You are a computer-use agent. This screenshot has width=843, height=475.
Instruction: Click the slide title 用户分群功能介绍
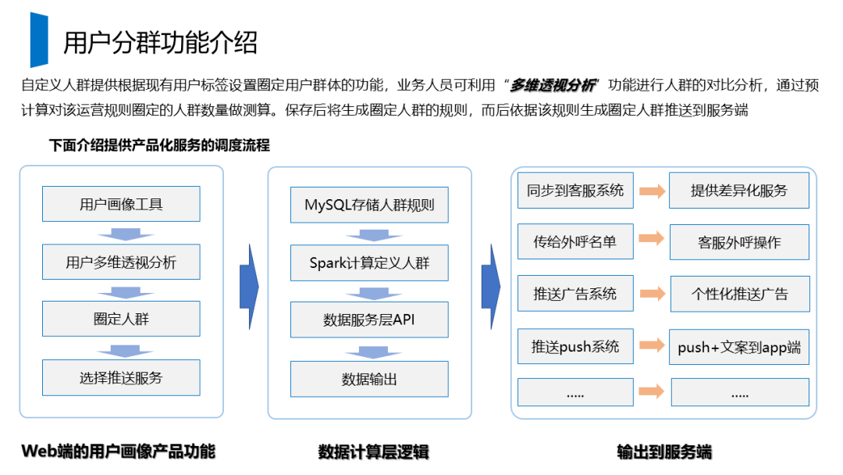pos(160,42)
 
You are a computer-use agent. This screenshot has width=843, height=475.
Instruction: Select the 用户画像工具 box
pos(121,204)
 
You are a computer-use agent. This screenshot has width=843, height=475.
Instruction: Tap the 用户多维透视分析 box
pos(121,262)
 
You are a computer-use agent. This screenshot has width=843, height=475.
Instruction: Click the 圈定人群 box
pos(121,320)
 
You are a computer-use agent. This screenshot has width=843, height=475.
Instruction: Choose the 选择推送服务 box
pos(121,377)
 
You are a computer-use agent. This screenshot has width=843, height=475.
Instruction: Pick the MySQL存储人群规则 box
pos(369,205)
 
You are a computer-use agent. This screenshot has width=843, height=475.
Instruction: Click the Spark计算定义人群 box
pos(369,262)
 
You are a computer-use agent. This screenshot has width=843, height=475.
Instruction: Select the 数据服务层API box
pos(369,320)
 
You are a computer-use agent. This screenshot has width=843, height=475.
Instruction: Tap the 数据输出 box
pos(369,379)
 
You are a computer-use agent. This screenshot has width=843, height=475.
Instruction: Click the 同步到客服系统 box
pos(574,191)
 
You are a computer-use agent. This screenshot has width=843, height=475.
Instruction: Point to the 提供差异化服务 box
pos(738,191)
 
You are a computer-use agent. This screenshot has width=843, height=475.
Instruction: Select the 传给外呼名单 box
pos(574,242)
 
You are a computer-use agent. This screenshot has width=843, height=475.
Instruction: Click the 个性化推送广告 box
pos(739,294)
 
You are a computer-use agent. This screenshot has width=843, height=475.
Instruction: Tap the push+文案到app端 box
pos(739,347)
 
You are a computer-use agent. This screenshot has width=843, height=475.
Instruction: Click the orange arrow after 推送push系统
pos(652,346)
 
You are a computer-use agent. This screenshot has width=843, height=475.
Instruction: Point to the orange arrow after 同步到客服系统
pos(652,191)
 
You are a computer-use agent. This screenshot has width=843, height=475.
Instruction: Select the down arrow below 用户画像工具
pos(120,234)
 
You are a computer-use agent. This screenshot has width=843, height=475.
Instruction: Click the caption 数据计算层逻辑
pos(373,452)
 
